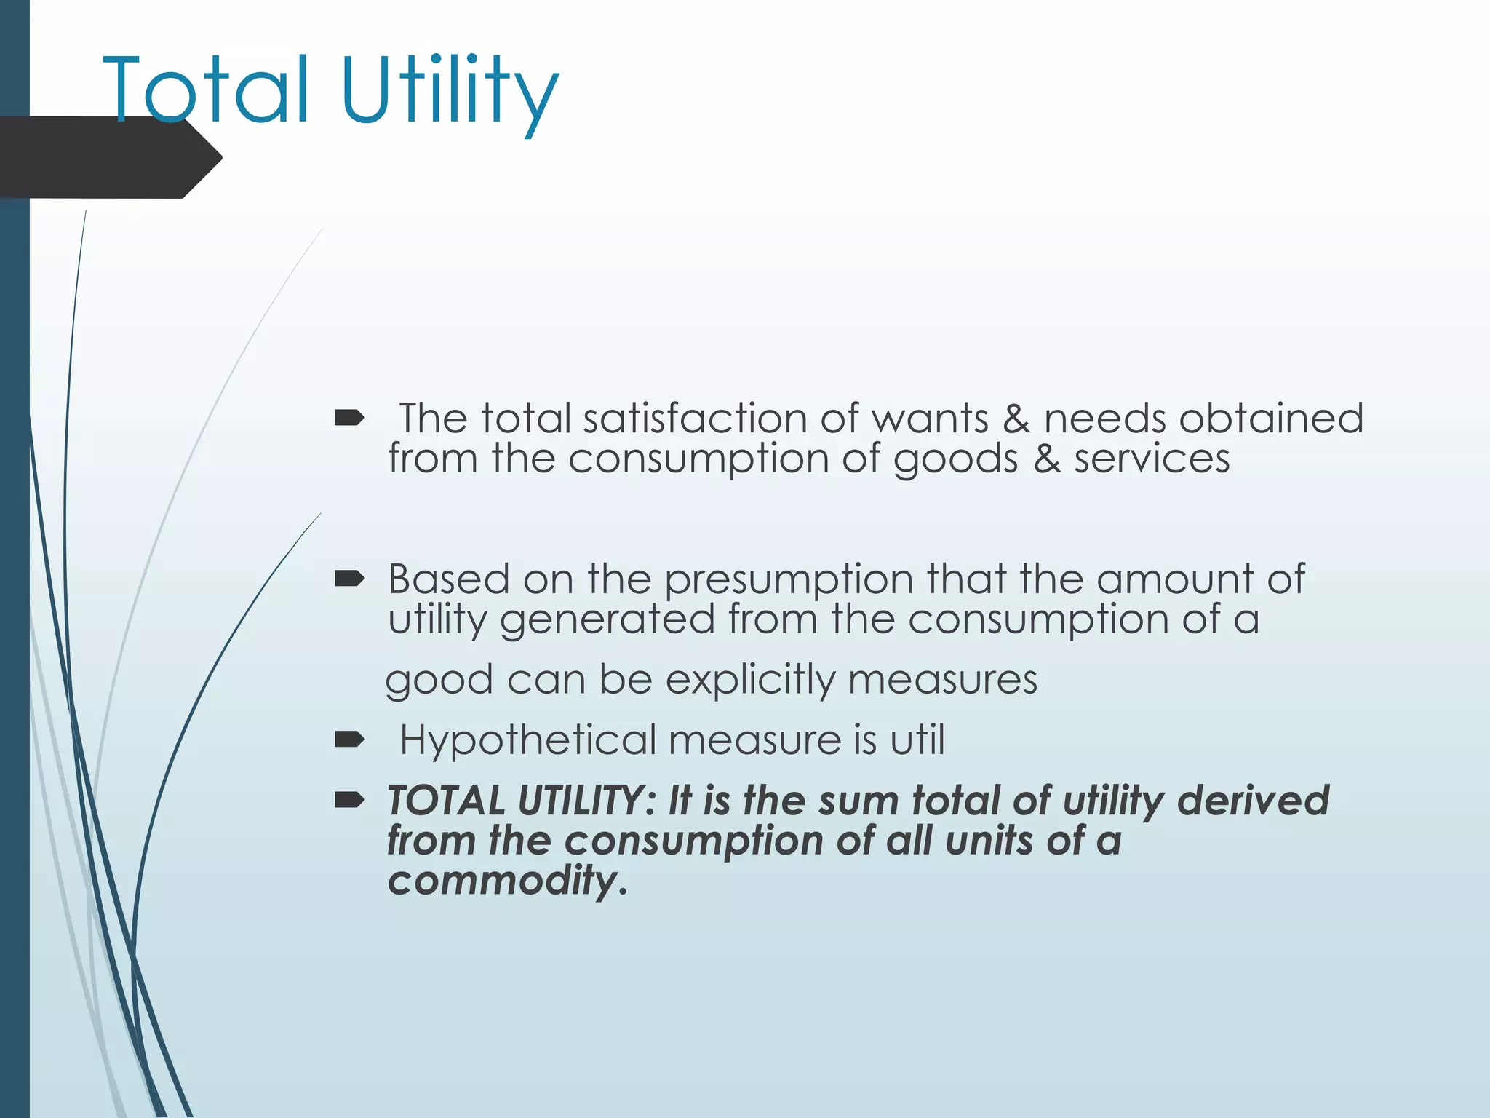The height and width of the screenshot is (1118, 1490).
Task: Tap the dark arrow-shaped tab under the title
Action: pos(109,158)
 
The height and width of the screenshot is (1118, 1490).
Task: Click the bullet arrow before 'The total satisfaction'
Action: pos(349,418)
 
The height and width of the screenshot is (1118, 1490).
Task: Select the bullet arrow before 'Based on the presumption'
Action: pos(349,579)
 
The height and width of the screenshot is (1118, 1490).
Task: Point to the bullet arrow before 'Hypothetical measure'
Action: pos(349,740)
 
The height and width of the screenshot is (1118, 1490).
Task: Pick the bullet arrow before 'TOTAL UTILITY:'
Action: pos(349,801)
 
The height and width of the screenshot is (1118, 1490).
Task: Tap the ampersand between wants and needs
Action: pos(1016,419)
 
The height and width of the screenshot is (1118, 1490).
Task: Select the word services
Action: pos(1152,459)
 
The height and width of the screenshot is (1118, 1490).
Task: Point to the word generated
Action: pos(607,621)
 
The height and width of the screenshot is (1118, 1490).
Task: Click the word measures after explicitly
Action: pos(942,680)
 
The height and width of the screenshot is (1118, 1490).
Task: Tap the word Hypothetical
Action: pos(527,741)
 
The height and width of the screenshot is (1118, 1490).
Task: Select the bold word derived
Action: pos(1253,800)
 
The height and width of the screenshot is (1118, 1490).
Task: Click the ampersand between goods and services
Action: pos(1046,459)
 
